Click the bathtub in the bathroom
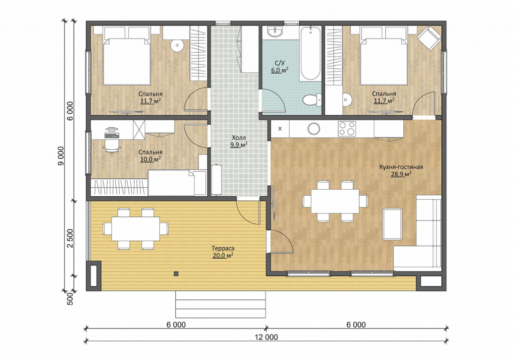point(310,53)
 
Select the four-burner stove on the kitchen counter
point(347,128)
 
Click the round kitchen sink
point(314,129)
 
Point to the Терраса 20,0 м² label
point(223,252)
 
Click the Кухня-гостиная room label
point(401,167)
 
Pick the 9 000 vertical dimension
point(61,156)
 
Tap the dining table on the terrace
point(136,228)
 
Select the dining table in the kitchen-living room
point(335,201)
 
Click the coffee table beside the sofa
point(392,224)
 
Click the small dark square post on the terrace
point(176,273)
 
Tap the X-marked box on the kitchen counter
point(280,129)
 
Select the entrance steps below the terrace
point(220,304)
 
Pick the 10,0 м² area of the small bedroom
point(150,159)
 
